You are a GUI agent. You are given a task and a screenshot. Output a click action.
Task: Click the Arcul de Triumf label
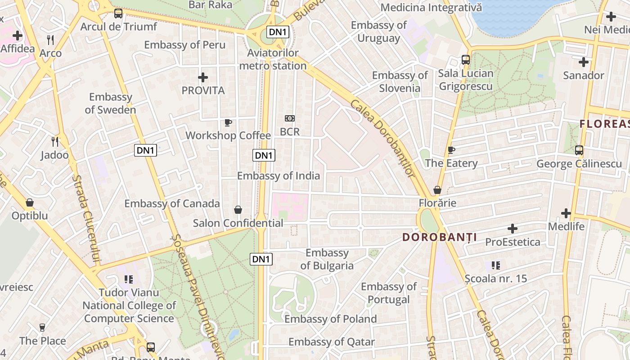[x=119, y=27]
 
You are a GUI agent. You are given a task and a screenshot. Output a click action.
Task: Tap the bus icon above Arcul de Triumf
[x=118, y=13]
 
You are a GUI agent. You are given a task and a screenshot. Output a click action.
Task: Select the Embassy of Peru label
[x=184, y=45]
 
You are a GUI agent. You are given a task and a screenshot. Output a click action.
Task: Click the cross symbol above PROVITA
[x=203, y=77]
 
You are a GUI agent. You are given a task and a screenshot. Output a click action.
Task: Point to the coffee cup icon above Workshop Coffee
[x=228, y=122]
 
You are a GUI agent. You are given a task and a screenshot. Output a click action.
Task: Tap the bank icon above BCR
[x=290, y=118]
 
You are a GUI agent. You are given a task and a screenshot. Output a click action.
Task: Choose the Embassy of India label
[x=279, y=175]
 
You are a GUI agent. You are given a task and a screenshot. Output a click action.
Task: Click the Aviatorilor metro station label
[x=273, y=59]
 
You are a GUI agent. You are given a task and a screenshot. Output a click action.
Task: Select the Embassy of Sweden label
[x=110, y=103]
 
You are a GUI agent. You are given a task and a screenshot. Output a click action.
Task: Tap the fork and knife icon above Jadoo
[x=55, y=142]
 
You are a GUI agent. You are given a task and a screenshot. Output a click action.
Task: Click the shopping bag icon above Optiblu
[x=30, y=202]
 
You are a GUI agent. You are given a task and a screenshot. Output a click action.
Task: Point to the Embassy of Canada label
[x=172, y=203]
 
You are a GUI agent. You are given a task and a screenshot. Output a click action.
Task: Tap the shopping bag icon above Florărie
[x=437, y=190]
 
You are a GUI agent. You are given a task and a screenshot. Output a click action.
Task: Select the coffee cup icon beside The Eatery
[x=451, y=150]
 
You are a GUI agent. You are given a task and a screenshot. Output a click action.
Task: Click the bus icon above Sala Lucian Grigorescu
[x=466, y=59]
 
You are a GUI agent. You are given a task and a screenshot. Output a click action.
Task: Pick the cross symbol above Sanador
[x=584, y=62]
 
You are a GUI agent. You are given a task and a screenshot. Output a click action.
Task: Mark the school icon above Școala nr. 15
[x=496, y=265]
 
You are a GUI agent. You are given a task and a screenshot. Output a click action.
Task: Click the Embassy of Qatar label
[x=332, y=342]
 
